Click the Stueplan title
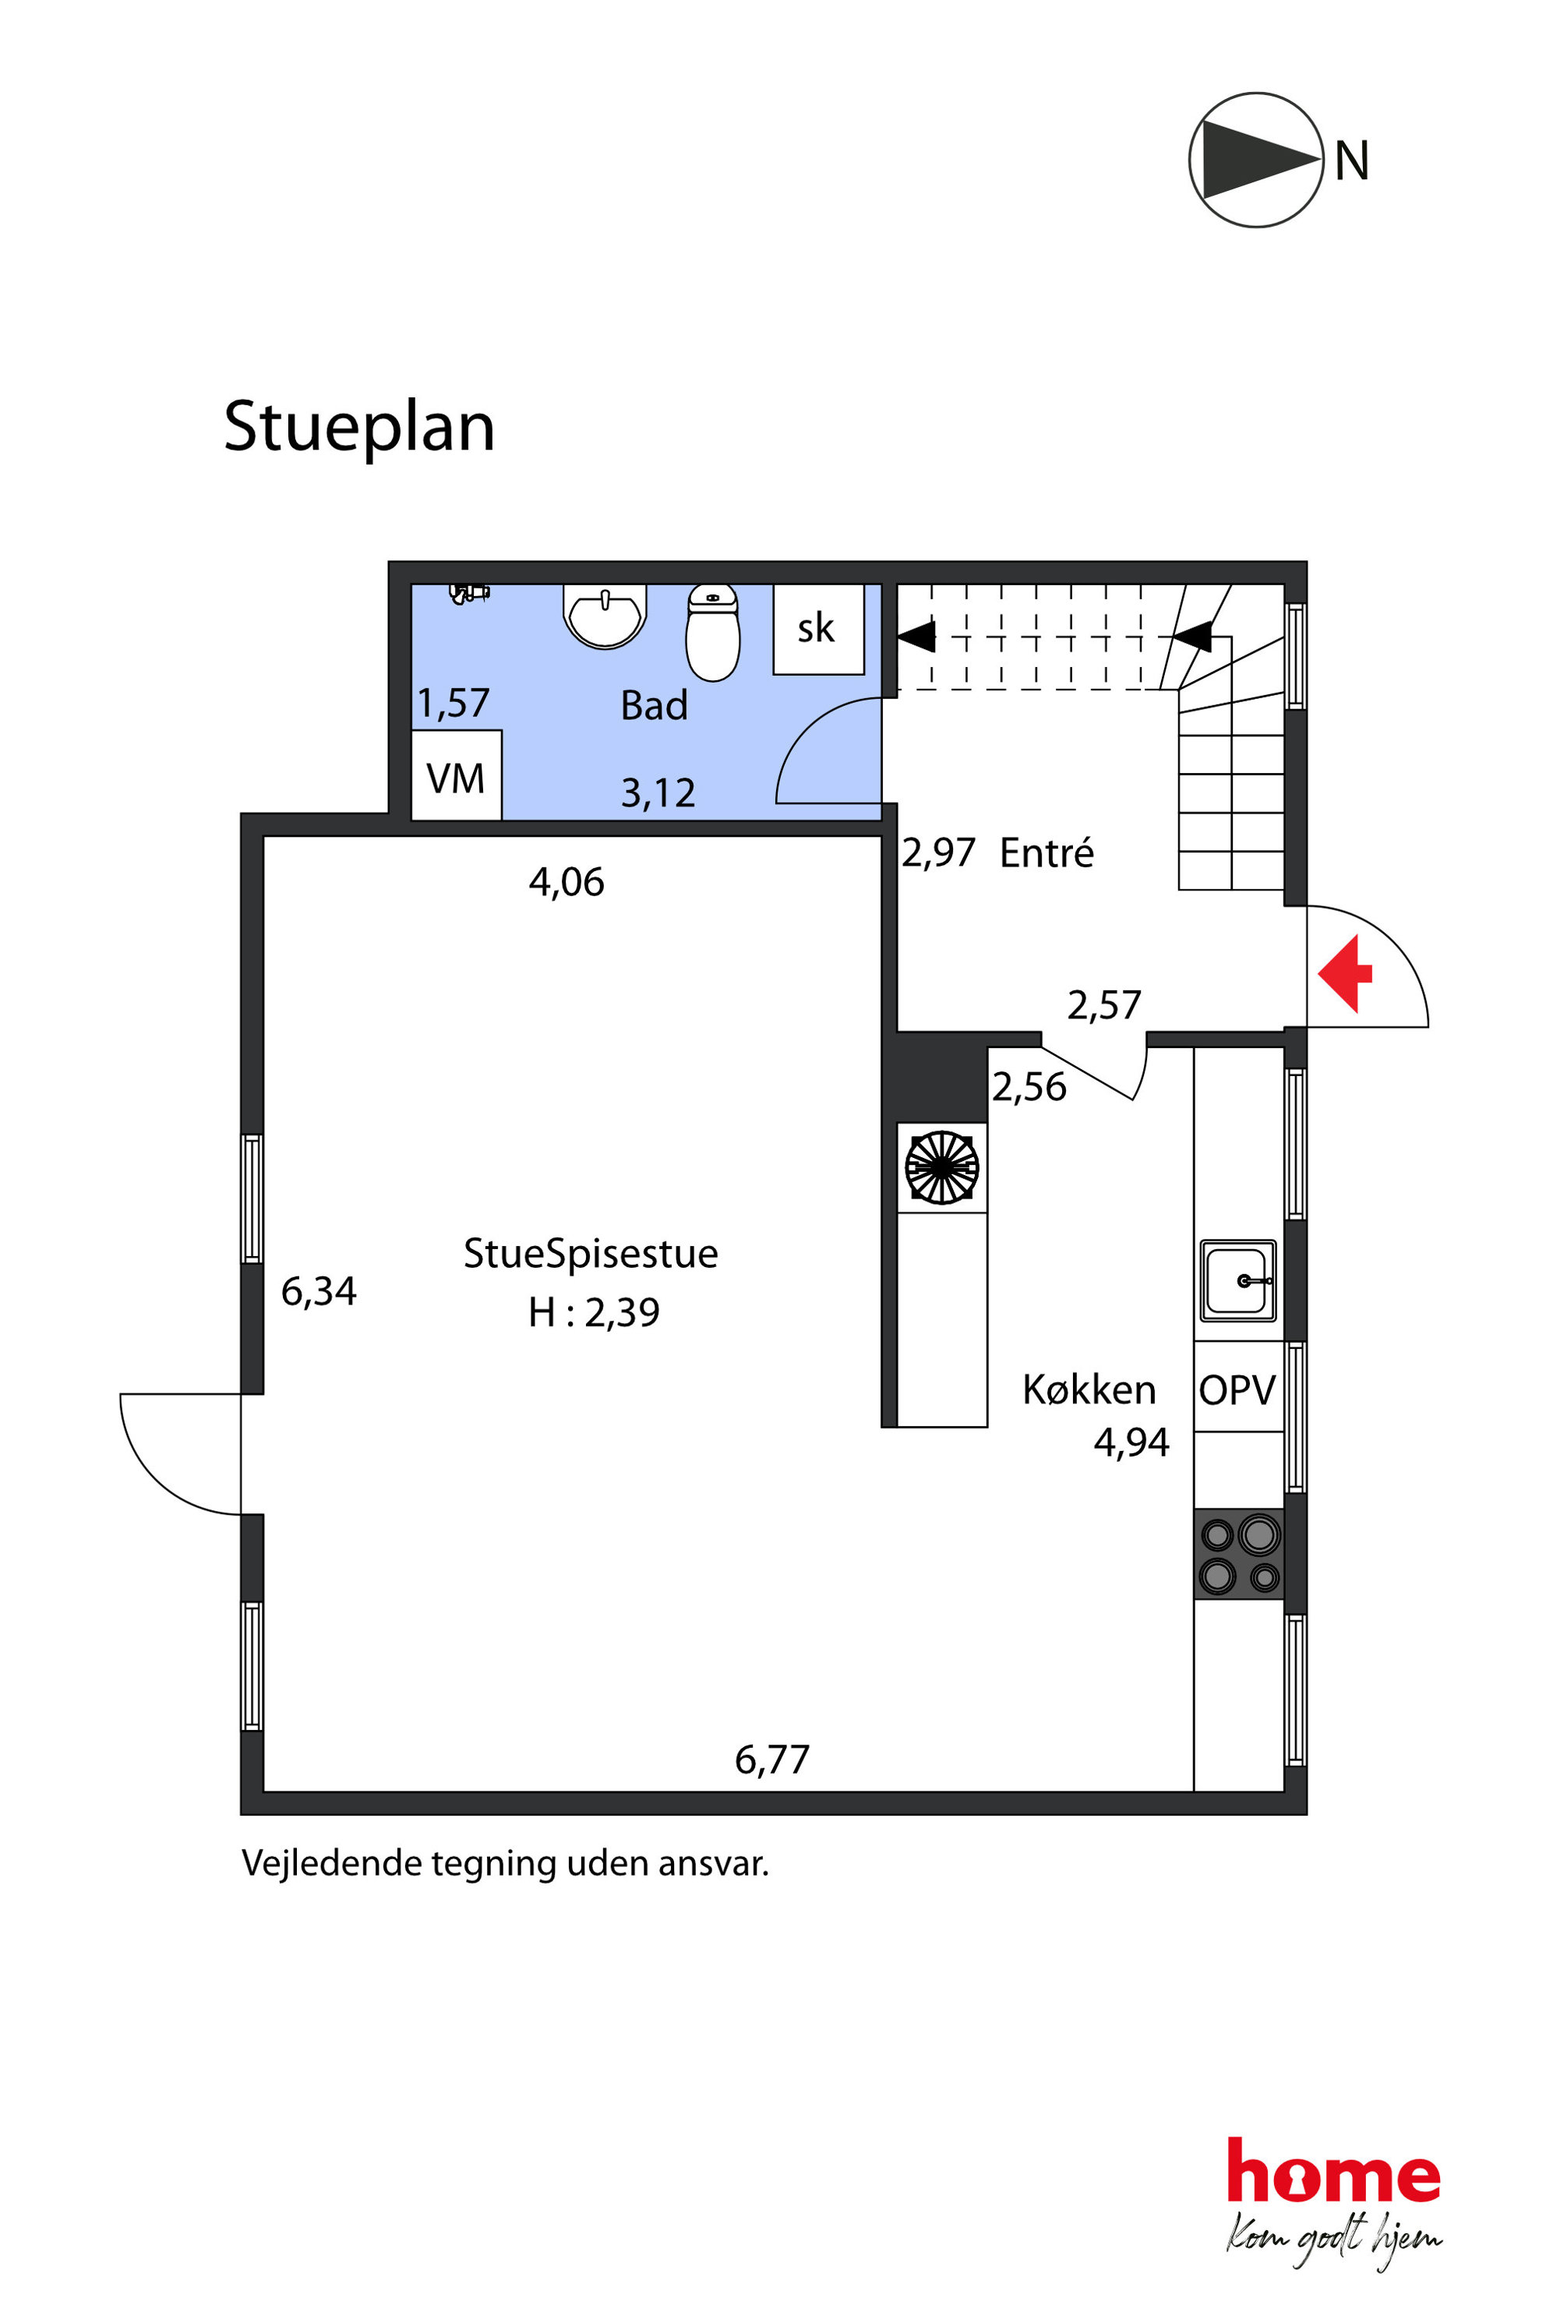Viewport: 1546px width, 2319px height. click(360, 427)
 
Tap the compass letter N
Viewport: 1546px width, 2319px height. click(1352, 161)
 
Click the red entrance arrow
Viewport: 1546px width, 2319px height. click(1345, 973)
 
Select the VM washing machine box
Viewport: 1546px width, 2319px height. click(456, 775)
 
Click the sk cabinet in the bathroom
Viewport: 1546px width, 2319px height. click(818, 629)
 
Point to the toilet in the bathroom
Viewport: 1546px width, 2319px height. click(712, 632)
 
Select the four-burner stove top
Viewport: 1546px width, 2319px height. click(1239, 1553)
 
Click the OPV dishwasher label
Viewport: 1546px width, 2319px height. click(1237, 1390)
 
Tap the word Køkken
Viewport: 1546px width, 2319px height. click(1089, 1389)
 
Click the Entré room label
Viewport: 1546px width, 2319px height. click(1046, 852)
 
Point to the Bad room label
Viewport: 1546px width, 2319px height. click(654, 706)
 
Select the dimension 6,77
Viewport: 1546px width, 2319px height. click(772, 1760)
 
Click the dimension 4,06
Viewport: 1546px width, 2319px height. click(567, 882)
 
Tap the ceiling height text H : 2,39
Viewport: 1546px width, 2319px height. click(594, 1312)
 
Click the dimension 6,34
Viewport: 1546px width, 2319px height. click(319, 1292)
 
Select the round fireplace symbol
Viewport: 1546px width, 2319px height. click(941, 1167)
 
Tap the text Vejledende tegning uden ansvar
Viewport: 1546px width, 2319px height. click(505, 1863)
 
